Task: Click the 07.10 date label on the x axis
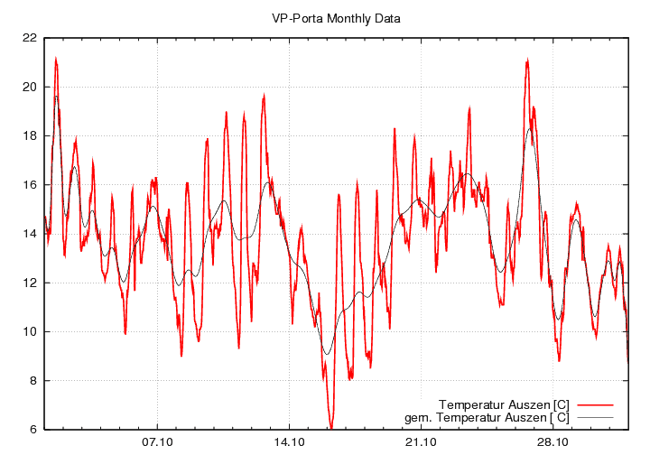point(157,442)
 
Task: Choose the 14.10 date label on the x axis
point(289,442)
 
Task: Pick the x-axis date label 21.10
point(421,442)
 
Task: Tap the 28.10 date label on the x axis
point(552,442)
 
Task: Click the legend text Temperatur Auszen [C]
point(503,404)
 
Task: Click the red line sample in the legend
point(595,404)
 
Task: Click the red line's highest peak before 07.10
point(56,60)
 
